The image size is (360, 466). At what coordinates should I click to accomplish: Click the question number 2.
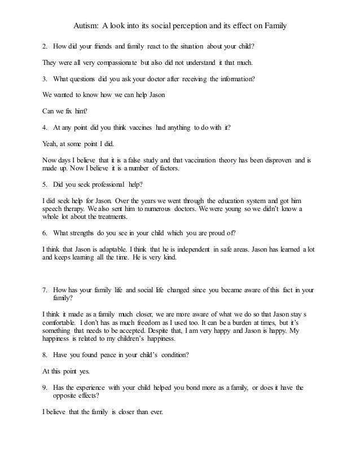pyautogui.click(x=45, y=46)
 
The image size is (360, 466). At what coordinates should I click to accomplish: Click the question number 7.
pyautogui.click(x=45, y=290)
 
